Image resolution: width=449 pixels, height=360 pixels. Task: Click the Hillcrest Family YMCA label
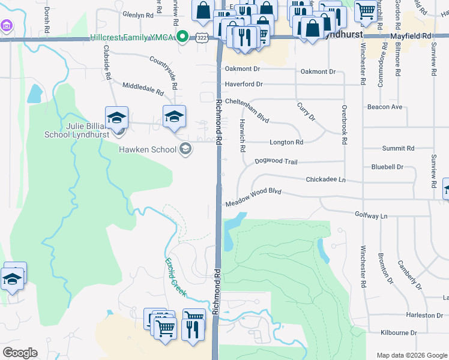[x=131, y=37]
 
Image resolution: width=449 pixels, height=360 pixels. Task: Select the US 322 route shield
[x=200, y=38]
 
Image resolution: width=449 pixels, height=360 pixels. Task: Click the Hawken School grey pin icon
[x=186, y=149]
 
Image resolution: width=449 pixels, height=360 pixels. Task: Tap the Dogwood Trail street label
[x=276, y=161]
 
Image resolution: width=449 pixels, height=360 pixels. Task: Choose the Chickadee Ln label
[x=326, y=179]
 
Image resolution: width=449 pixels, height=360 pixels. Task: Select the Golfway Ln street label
[x=372, y=215]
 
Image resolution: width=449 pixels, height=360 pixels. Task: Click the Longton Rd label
[x=286, y=142]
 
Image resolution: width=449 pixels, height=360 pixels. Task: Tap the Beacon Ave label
[x=385, y=107]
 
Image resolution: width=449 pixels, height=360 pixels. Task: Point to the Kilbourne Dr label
[x=399, y=332]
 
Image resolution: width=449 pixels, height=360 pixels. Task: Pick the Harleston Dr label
[x=424, y=315]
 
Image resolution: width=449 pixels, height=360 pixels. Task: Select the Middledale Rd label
[x=143, y=89]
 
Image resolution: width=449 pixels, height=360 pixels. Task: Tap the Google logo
[x=19, y=353]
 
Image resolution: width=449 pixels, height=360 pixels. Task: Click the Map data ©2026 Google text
[x=411, y=355]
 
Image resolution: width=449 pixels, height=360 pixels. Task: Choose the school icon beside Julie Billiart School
[x=116, y=118]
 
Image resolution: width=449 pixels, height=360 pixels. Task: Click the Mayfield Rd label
[x=411, y=36]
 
